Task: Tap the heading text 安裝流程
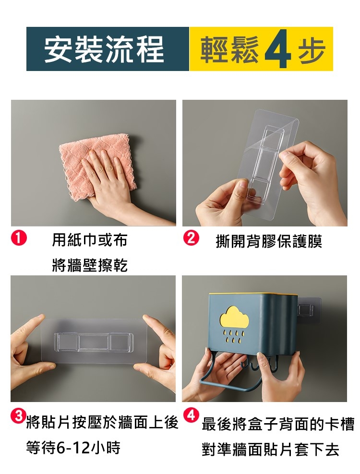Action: point(104,49)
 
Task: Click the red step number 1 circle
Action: point(19,238)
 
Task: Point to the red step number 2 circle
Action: point(191,238)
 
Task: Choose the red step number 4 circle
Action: point(191,415)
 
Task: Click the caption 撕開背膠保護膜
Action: point(269,241)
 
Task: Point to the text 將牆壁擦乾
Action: point(90,265)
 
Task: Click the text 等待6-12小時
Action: point(73,448)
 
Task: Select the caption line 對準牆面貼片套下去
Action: point(270,450)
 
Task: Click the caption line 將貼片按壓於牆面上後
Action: point(102,423)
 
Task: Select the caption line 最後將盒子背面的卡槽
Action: point(278,424)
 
